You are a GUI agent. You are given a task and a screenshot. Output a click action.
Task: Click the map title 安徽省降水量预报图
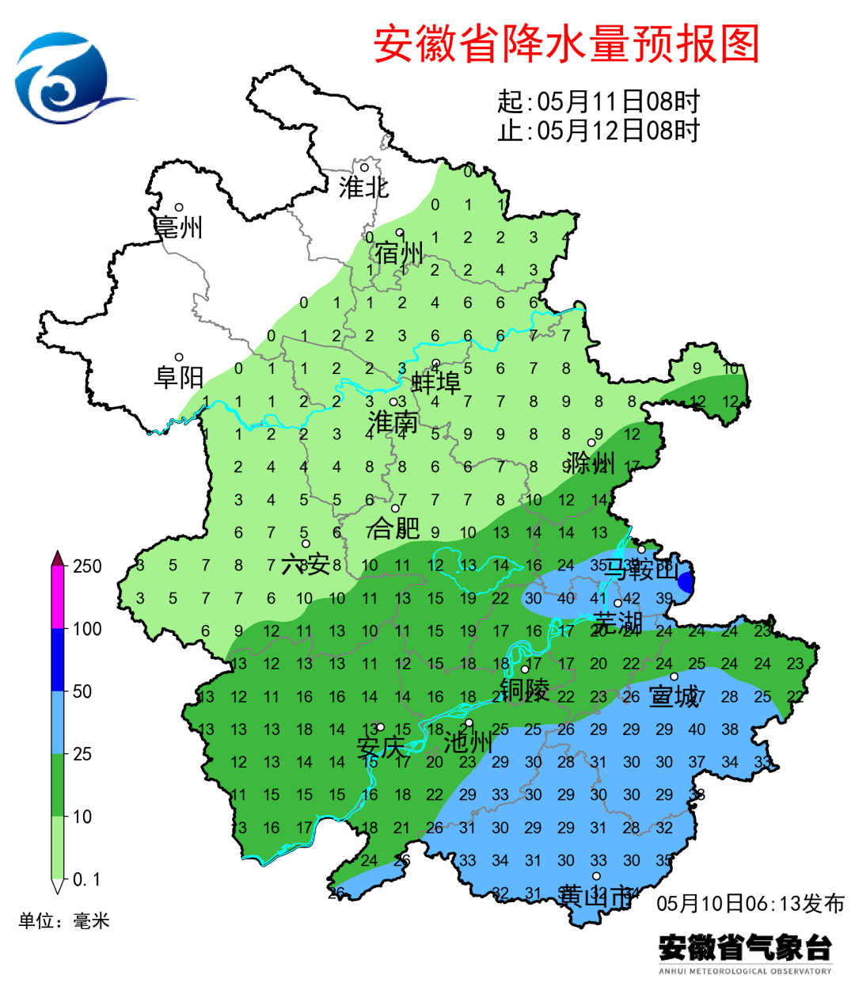click(567, 44)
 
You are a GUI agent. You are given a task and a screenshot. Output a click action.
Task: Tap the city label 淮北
click(363, 188)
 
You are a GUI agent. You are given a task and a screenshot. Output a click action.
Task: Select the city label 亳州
click(179, 227)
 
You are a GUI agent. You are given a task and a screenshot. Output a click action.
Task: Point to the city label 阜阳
click(179, 377)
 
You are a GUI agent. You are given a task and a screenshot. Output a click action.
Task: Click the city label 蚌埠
click(436, 383)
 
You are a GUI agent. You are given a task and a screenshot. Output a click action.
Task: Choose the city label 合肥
click(393, 528)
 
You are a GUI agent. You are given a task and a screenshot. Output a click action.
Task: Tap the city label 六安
click(306, 564)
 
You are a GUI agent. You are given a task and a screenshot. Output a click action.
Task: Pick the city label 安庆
click(381, 747)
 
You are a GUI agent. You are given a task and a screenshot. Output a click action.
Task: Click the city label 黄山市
click(596, 896)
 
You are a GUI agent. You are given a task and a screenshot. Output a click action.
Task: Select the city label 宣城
click(674, 696)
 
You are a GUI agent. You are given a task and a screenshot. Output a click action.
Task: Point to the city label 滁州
click(591, 463)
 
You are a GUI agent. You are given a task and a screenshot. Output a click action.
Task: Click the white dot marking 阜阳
click(179, 358)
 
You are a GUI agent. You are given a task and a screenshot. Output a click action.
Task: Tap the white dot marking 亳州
click(180, 208)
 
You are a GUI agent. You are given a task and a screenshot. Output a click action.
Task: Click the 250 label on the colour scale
click(87, 566)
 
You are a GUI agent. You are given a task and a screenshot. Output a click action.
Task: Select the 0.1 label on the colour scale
click(86, 879)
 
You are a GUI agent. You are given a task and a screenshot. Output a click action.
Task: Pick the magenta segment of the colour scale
click(58, 597)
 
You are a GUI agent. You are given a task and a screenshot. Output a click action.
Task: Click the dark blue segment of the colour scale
click(58, 659)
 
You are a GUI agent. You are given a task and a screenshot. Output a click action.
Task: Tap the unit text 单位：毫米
click(64, 920)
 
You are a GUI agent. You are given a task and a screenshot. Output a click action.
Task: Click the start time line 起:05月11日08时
click(598, 101)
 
